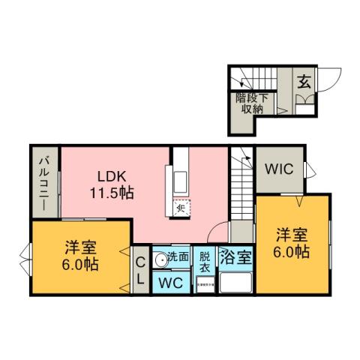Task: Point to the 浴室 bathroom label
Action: [235, 257]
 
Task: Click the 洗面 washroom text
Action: [178, 256]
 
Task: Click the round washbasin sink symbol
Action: [160, 260]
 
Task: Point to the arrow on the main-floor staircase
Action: [242, 159]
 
